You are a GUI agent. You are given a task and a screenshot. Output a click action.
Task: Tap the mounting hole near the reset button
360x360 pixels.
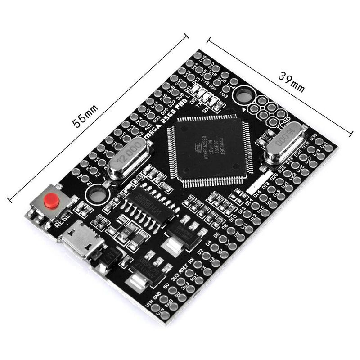[x=96, y=195]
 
